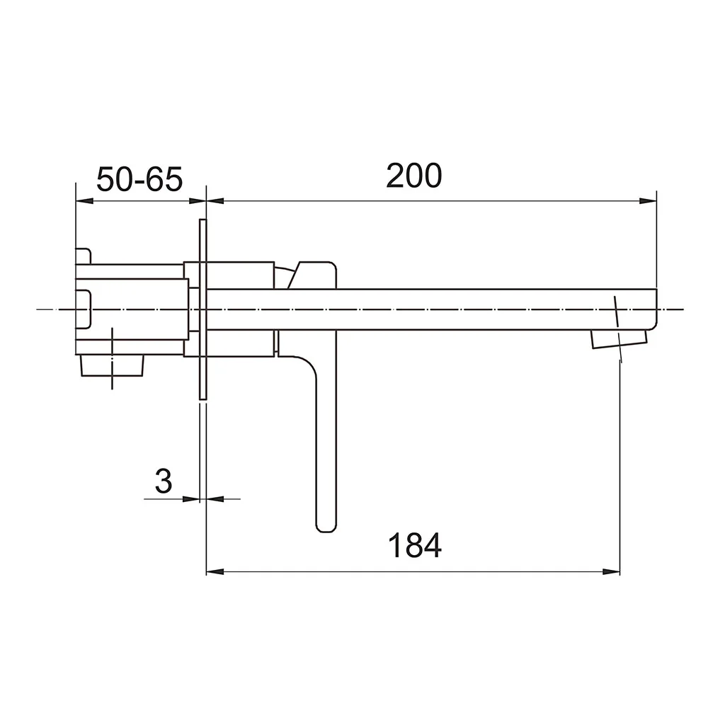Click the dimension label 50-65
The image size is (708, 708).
tap(139, 179)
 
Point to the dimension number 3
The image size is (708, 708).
tap(164, 481)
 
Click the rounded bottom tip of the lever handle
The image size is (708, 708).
tap(326, 528)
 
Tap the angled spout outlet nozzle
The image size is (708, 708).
tap(619, 339)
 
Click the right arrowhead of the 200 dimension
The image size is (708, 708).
tap(649, 201)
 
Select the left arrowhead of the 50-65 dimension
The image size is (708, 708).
tap(84, 201)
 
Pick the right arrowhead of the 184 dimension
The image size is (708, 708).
tap(612, 572)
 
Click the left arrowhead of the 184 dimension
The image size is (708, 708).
tap(215, 572)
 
